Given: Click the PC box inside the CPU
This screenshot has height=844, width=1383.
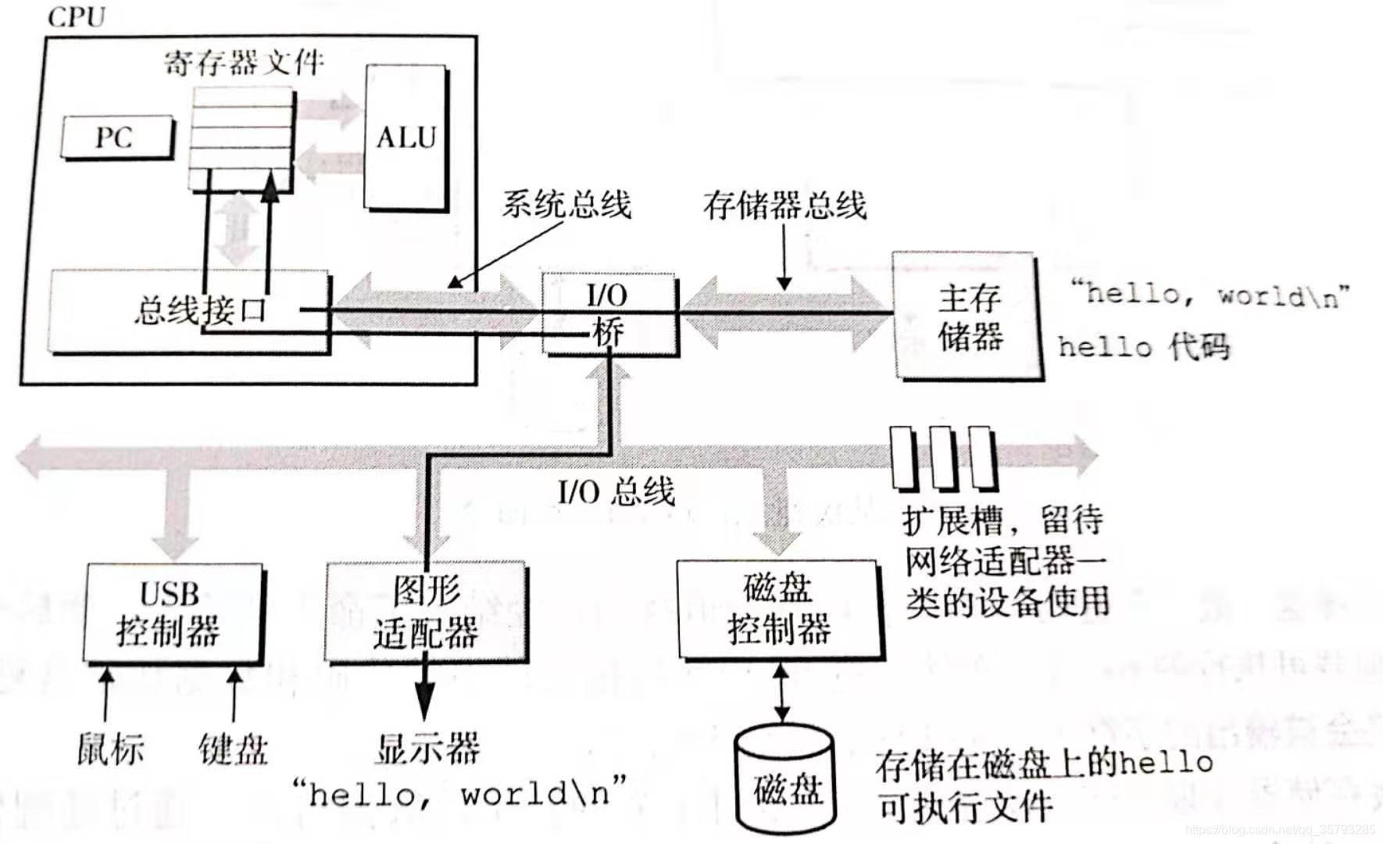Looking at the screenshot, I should (x=116, y=138).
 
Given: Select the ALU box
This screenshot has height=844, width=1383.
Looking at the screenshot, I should (x=406, y=138).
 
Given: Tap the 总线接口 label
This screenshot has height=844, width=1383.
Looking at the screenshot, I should (x=200, y=310).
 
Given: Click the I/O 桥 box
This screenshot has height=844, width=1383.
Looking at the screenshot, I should (x=609, y=314).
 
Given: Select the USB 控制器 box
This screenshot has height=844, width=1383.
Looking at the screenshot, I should (x=170, y=613).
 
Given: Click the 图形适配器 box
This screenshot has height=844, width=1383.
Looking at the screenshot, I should (x=426, y=613).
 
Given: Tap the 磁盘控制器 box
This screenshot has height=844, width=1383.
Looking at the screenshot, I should (x=779, y=610).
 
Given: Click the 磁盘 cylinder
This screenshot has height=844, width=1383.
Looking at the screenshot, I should (x=786, y=781).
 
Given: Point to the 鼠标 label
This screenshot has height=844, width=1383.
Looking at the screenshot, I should (x=110, y=749).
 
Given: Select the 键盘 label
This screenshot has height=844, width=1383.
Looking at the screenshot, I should (x=233, y=749).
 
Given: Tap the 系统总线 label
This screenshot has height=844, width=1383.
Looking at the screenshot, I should (x=566, y=205).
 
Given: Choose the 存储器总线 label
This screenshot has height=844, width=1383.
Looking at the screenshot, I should (x=784, y=205).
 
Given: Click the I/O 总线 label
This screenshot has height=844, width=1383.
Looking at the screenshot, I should (x=616, y=492).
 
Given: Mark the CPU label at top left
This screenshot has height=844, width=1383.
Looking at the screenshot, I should (x=76, y=17).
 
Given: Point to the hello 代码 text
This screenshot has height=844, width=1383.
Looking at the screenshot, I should (x=1143, y=346).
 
